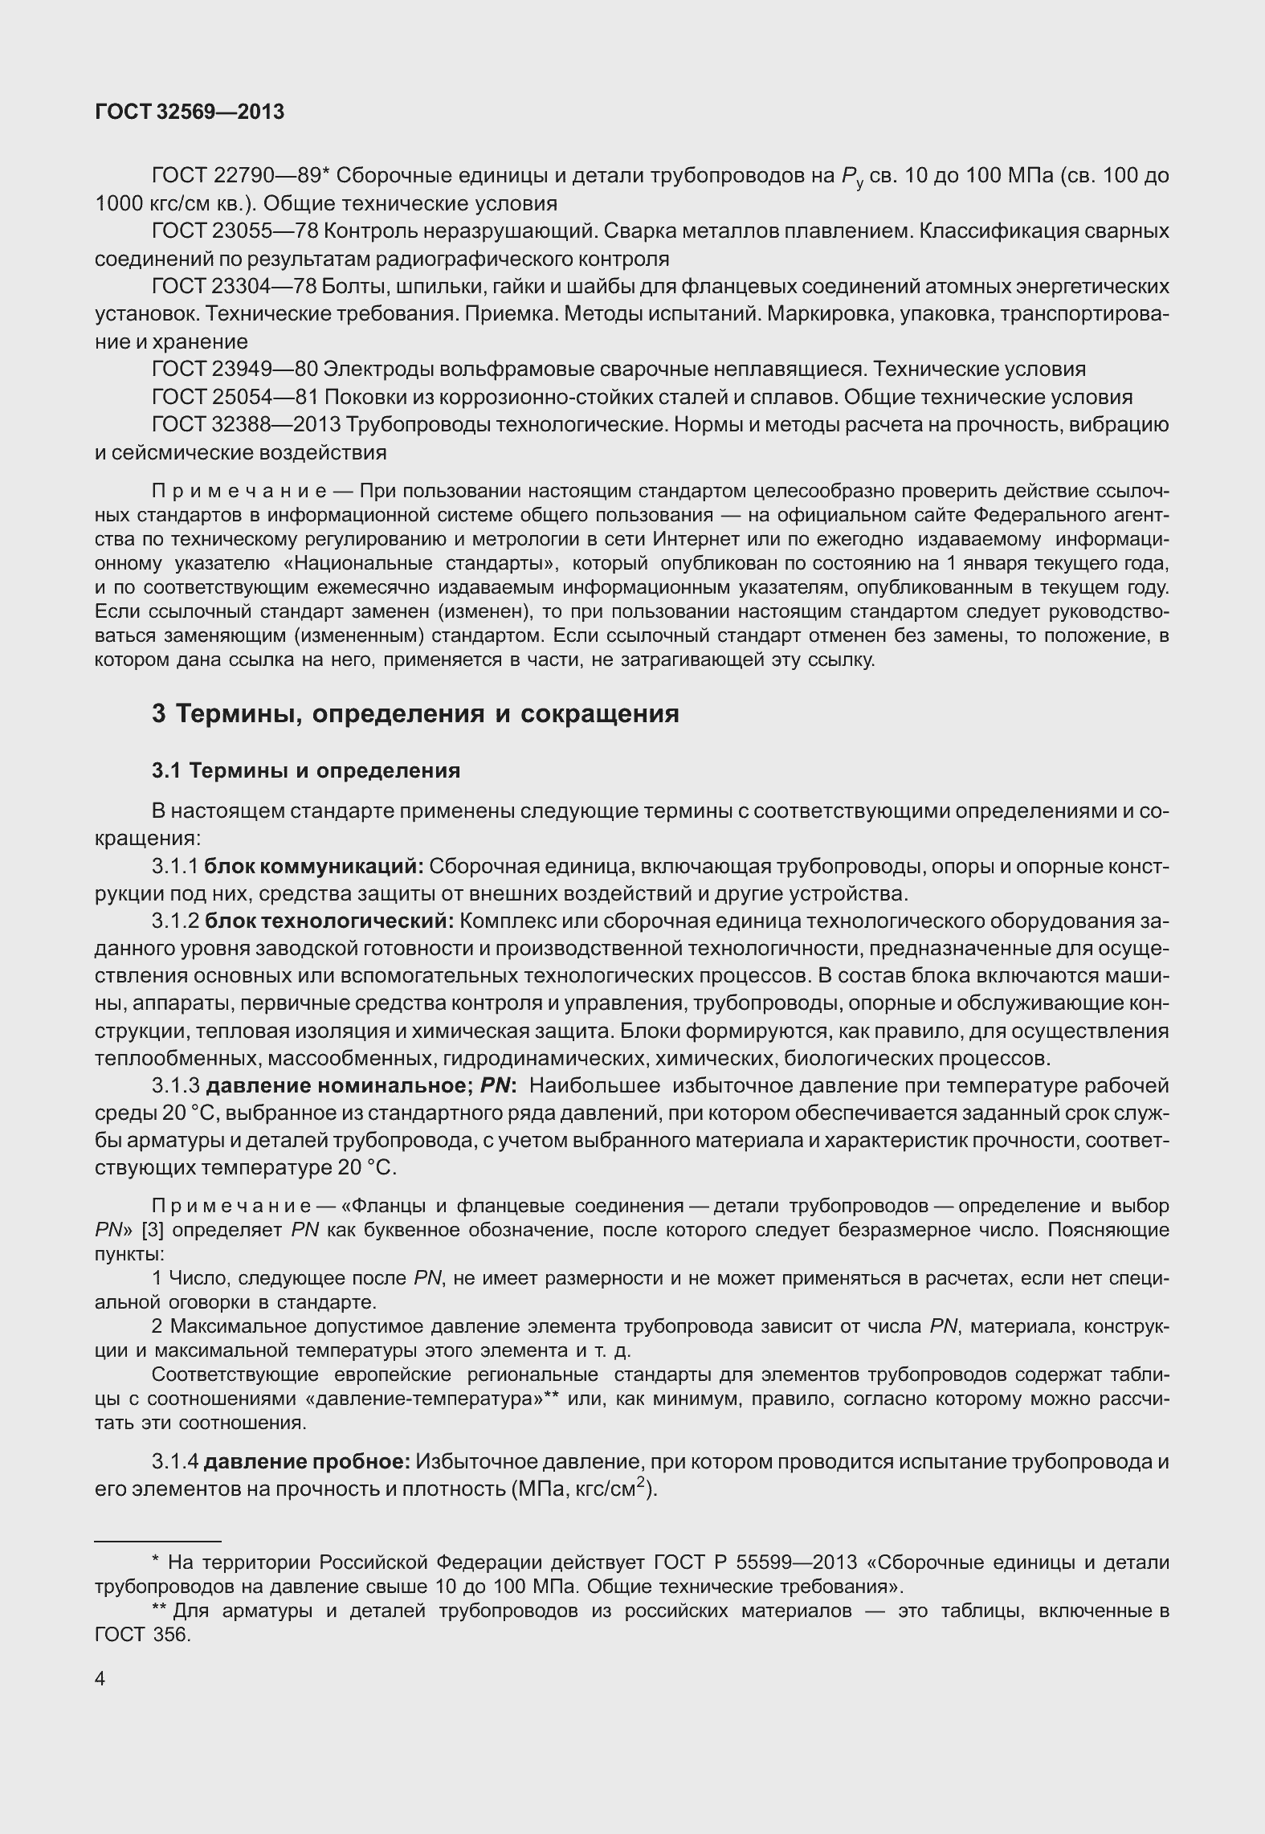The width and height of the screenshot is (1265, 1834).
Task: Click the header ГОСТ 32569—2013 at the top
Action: (190, 112)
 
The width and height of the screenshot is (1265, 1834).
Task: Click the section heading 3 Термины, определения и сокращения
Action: (415, 713)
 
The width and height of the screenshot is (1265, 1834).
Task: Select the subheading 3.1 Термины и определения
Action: (306, 771)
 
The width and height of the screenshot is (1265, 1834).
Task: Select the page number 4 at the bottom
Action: (100, 1680)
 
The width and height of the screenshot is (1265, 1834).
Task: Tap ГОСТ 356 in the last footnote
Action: (141, 1635)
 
